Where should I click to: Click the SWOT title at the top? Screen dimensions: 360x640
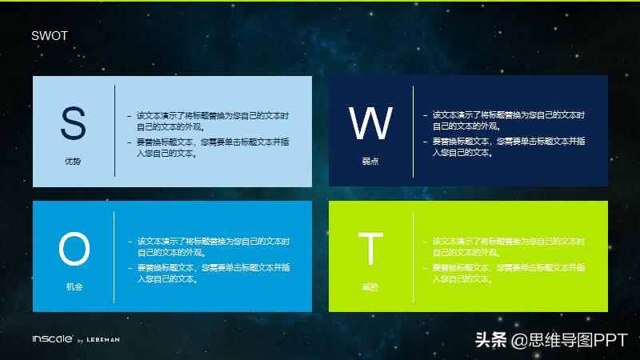pyautogui.click(x=49, y=35)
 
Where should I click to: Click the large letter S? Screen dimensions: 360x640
pyautogui.click(x=73, y=124)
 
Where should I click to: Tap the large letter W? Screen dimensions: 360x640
pyautogui.click(x=370, y=124)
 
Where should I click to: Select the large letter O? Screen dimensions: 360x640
pyautogui.click(x=74, y=249)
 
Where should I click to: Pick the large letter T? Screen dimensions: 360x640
pyautogui.click(x=370, y=249)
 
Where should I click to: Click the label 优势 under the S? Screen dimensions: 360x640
pyautogui.click(x=73, y=162)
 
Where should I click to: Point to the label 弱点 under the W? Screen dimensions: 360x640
pyautogui.click(x=370, y=162)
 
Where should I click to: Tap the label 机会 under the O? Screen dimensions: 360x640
pyautogui.click(x=74, y=286)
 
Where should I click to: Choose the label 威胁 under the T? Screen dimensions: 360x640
pyautogui.click(x=370, y=286)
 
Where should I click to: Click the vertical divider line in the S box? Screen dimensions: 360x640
pyautogui.click(x=114, y=130)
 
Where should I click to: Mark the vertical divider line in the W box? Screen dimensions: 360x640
pyautogui.click(x=413, y=130)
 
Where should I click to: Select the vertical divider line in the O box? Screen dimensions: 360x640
pyautogui.click(x=114, y=257)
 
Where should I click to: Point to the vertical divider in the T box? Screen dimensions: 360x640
pyautogui.click(x=413, y=257)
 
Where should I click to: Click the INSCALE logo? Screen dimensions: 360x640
pyautogui.click(x=52, y=339)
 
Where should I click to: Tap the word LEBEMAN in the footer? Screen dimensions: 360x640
pyautogui.click(x=103, y=340)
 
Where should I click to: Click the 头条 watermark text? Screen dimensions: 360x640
pyautogui.click(x=492, y=340)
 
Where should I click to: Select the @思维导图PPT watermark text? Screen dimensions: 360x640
pyautogui.click(x=570, y=340)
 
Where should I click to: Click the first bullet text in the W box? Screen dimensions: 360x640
pyautogui.click(x=508, y=121)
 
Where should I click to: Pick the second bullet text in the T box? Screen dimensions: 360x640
pyautogui.click(x=508, y=273)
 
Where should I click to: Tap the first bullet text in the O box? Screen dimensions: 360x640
pyautogui.click(x=213, y=246)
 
